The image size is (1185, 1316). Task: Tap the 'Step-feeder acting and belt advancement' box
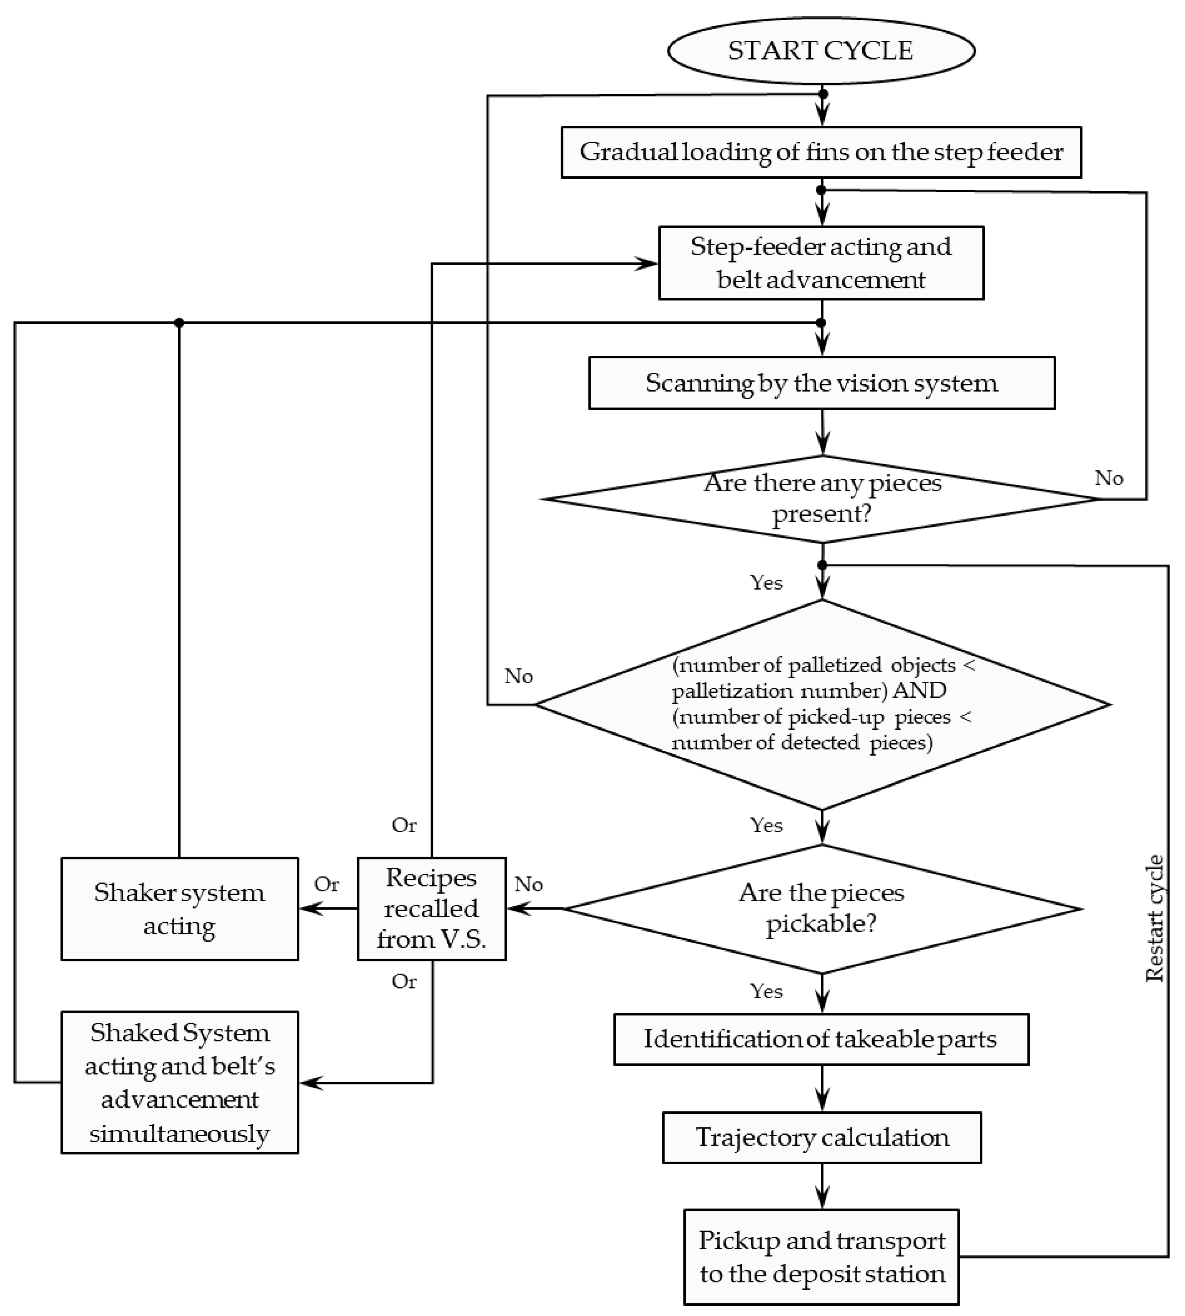821,263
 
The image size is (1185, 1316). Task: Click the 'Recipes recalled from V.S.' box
432,908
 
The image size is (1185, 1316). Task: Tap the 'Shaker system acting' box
180,908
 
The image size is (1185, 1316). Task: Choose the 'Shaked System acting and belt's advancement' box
180,1082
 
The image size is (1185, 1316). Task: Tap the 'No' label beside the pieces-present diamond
1109,478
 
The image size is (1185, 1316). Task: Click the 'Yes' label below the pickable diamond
766,991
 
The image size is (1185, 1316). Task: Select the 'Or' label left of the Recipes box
327,884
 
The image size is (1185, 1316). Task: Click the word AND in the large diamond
920,689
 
